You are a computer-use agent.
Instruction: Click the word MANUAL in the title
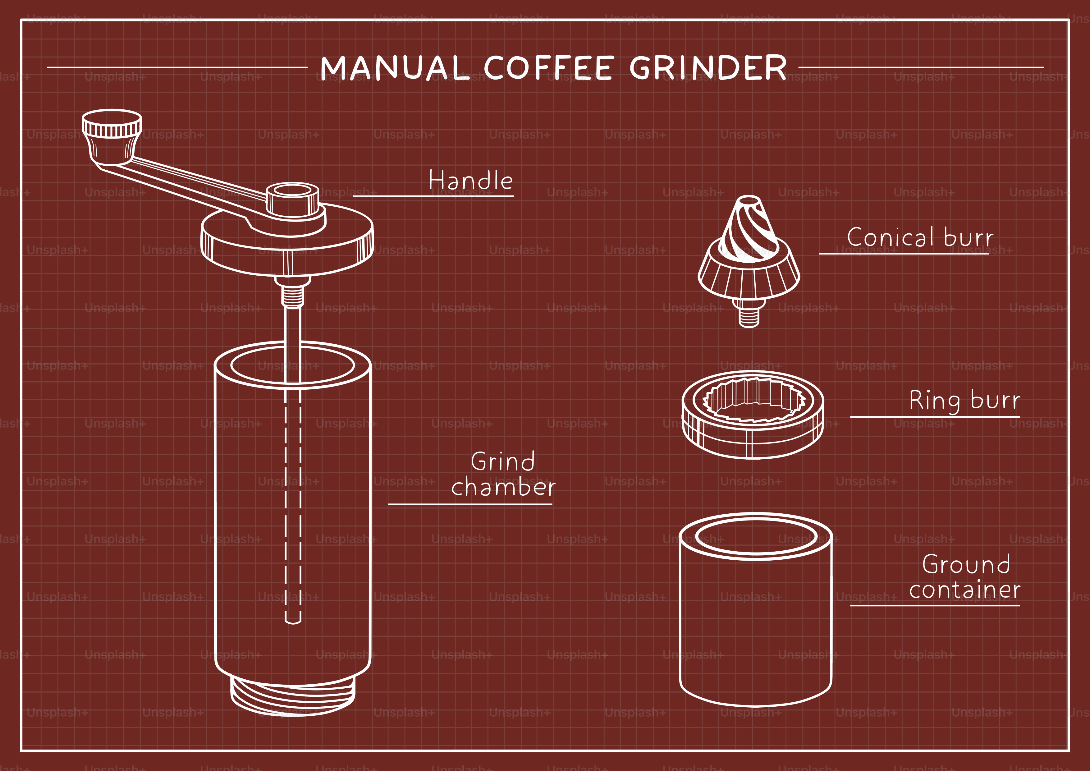tap(394, 68)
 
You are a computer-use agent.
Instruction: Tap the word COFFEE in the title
tap(549, 68)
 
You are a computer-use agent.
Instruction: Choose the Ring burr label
tap(964, 400)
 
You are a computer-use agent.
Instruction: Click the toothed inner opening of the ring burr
tap(753, 399)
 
